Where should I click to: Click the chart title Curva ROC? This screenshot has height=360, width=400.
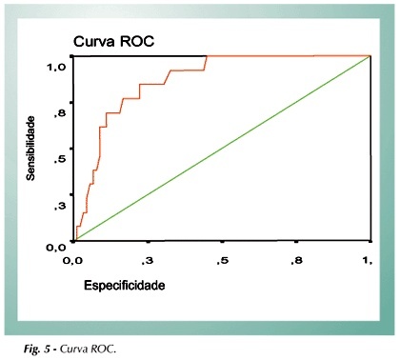tap(113, 42)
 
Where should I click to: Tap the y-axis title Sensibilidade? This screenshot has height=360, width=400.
tap(30, 149)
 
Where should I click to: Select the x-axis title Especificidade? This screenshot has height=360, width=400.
tap(125, 286)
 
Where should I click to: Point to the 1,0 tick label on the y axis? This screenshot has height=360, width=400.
tap(56, 67)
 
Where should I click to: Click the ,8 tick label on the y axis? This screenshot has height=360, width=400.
tap(59, 113)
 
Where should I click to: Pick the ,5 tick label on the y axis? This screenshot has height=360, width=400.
tap(59, 159)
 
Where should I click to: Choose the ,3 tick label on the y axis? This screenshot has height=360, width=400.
tap(59, 206)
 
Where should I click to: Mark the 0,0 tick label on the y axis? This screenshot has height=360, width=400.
tap(56, 248)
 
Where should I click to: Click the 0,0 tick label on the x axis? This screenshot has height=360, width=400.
tap(72, 261)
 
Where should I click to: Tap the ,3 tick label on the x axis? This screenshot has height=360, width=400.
tap(148, 261)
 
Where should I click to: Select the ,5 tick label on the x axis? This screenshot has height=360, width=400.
tap(222, 261)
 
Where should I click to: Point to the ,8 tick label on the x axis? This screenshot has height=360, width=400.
tap(296, 261)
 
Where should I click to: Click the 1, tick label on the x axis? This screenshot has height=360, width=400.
tap(368, 261)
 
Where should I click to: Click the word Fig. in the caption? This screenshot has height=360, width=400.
tap(32, 350)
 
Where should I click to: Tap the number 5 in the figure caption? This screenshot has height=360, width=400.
tap(47, 350)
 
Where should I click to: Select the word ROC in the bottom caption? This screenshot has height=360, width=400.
tap(104, 350)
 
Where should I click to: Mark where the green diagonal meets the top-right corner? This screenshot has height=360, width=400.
tap(370, 56)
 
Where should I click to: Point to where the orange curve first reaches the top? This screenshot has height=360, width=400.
tap(207, 56)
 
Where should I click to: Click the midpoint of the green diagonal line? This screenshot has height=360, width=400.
tap(223, 149)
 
